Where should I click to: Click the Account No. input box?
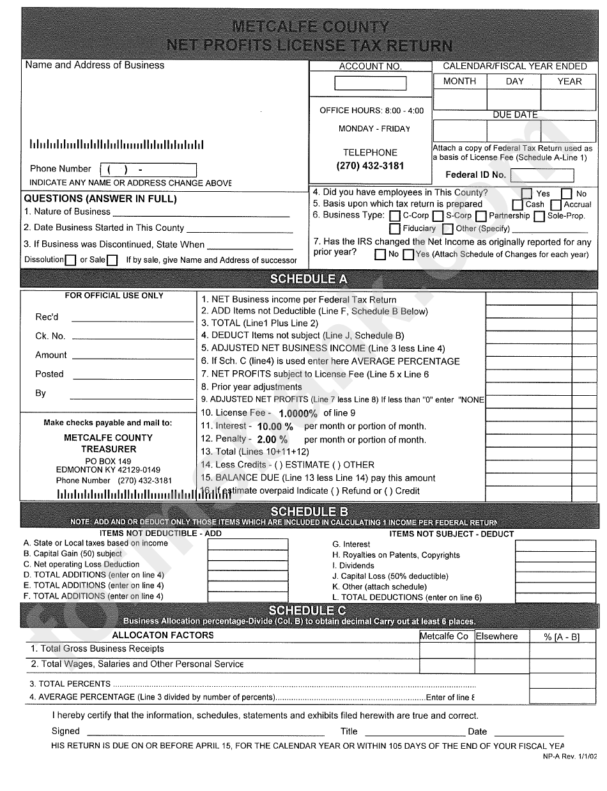coord(371,83)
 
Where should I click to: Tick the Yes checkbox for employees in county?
coord(527,193)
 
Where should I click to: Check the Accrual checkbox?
coord(556,205)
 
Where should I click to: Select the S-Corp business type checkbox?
coord(438,216)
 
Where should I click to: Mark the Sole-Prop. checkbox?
coord(539,216)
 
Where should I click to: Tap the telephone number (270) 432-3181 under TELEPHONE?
coord(371,166)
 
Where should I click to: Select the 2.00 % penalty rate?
coord(272,440)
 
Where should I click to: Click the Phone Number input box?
coord(148,170)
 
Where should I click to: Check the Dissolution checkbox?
coord(71,260)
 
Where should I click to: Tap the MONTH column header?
coord(459,81)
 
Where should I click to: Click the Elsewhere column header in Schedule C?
coord(496,636)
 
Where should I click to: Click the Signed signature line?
coord(204,732)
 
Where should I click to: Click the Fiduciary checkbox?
coord(395,229)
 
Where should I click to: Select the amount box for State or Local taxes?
coord(233,544)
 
